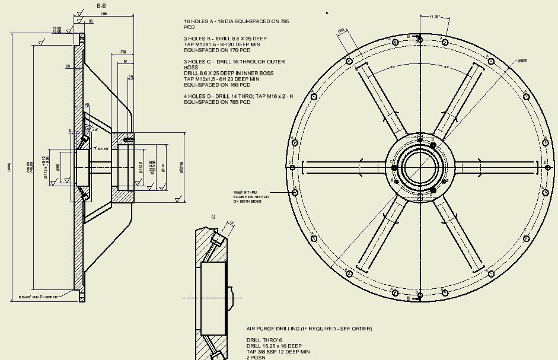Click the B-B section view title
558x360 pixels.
click(x=101, y=5)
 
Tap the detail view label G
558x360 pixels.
click(x=213, y=217)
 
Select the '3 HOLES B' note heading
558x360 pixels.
click(x=199, y=39)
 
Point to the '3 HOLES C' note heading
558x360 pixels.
click(x=199, y=62)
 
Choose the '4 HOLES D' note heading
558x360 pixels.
click(x=199, y=96)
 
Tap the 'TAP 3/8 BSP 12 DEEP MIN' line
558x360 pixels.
click(x=278, y=352)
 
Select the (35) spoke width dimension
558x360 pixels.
click(x=341, y=31)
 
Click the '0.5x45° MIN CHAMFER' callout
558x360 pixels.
click(x=38, y=297)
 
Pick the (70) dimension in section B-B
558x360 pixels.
click(x=123, y=52)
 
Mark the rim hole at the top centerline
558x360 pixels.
click(x=420, y=39)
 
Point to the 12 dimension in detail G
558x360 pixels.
click(x=232, y=224)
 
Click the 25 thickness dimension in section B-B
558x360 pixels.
click(x=68, y=66)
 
